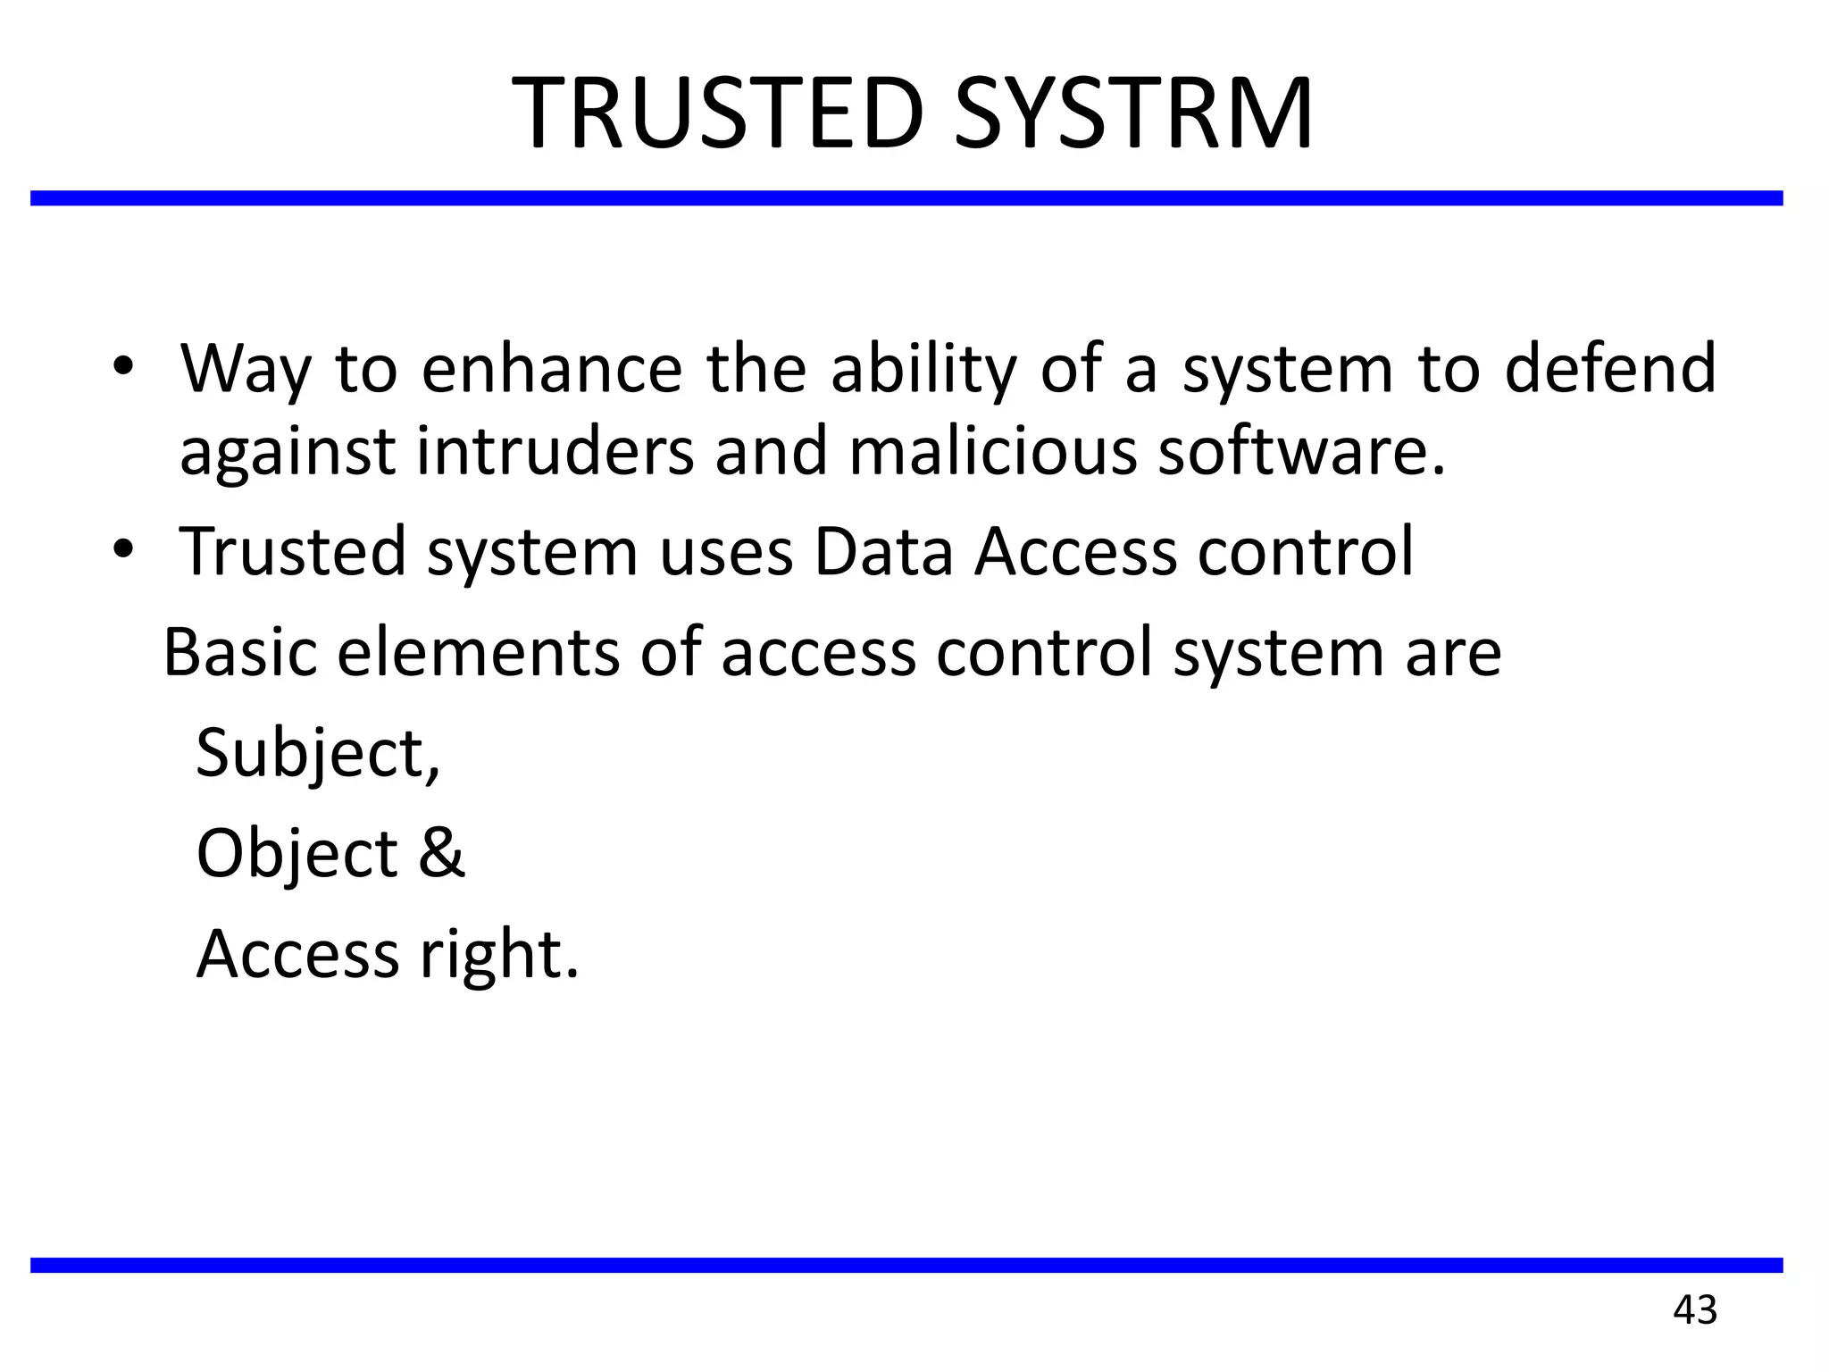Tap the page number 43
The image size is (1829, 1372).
coord(1695,1310)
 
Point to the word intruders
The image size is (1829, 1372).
coord(555,451)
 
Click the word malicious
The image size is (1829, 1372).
coord(992,451)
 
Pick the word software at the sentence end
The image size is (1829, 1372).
coord(1299,451)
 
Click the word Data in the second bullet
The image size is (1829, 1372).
coord(883,551)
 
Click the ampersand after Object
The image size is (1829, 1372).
coord(441,852)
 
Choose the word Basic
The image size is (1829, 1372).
coord(240,652)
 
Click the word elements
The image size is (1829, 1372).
coord(478,652)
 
